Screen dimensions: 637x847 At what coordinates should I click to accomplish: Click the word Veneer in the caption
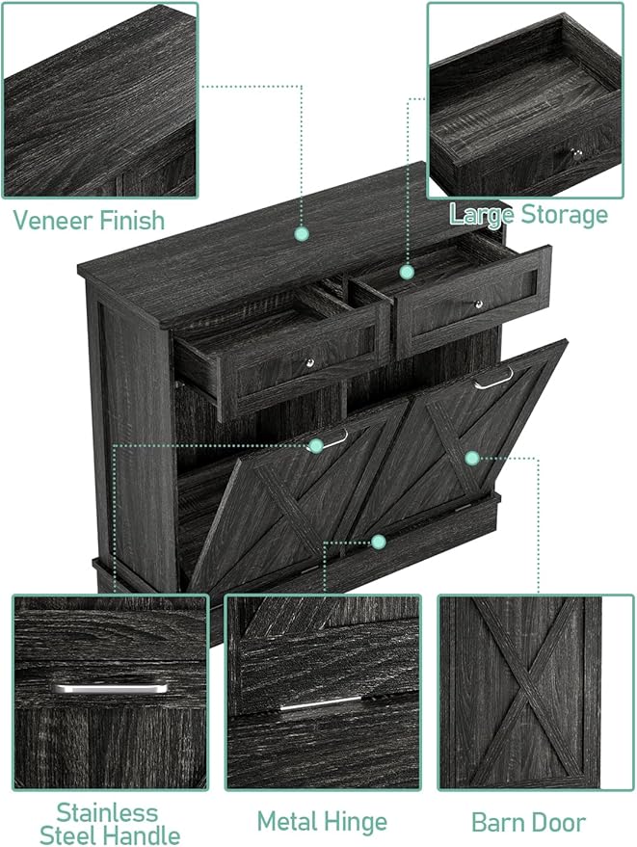pos(53,221)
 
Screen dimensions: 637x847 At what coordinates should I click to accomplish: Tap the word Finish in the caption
pos(133,221)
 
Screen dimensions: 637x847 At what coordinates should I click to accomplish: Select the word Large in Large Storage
pos(482,216)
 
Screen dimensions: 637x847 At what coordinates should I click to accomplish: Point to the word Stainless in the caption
pos(107,813)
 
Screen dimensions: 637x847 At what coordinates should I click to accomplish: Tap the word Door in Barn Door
pos(558,823)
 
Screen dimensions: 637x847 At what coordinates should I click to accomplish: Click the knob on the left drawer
pos(309,363)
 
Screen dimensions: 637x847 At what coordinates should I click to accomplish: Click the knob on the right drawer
pos(478,304)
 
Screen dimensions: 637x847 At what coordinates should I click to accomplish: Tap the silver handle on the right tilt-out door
pos(493,378)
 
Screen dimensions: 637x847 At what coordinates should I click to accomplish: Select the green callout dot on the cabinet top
pos(302,234)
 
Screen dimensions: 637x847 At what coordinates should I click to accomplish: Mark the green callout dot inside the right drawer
pos(408,272)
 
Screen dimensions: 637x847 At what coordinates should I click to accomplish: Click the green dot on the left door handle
pos(315,445)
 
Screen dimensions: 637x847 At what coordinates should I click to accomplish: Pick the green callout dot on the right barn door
pos(472,458)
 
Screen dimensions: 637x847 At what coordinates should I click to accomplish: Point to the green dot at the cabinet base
pos(378,542)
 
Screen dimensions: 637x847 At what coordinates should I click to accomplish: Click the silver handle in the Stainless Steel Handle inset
pos(110,689)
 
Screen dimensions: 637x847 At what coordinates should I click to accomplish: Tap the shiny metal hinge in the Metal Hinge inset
pos(322,703)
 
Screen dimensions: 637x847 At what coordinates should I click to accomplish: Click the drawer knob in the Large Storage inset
pos(576,154)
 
